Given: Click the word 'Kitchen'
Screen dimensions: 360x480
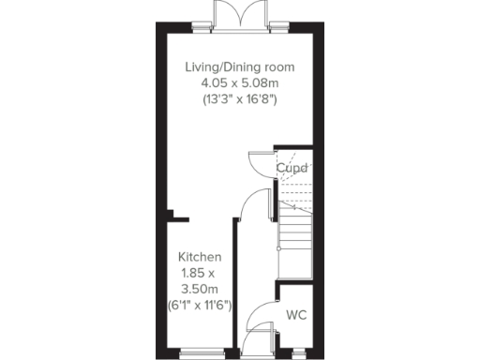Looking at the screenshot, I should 199,256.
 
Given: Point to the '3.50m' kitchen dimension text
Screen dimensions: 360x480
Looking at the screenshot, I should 199,289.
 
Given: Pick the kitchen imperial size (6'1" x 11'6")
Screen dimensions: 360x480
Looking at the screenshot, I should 199,306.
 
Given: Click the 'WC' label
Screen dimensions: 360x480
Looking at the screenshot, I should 297,314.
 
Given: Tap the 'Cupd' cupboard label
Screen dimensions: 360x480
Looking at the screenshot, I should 292,169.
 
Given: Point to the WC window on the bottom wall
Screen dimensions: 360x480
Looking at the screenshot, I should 298,352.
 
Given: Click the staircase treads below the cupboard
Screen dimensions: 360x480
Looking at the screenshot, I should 298,230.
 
